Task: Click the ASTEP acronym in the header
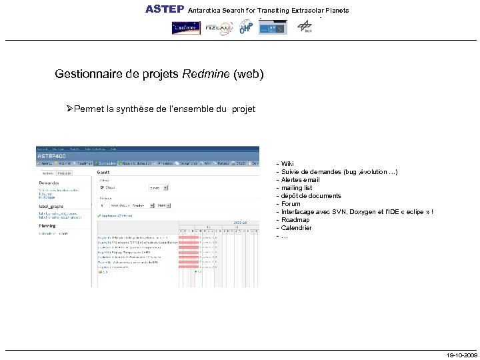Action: (x=165, y=9)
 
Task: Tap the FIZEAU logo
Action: (x=218, y=28)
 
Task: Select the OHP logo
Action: (x=246, y=27)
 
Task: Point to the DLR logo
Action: (x=305, y=27)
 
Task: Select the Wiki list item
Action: (x=287, y=164)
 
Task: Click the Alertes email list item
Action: (x=300, y=180)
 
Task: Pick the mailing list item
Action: (x=297, y=188)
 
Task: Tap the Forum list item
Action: (x=291, y=204)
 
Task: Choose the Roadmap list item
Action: (x=295, y=220)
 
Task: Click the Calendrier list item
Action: (x=297, y=228)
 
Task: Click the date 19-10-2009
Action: (x=462, y=355)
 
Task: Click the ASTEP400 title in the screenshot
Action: (x=51, y=155)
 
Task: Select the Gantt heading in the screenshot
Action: (x=105, y=171)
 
